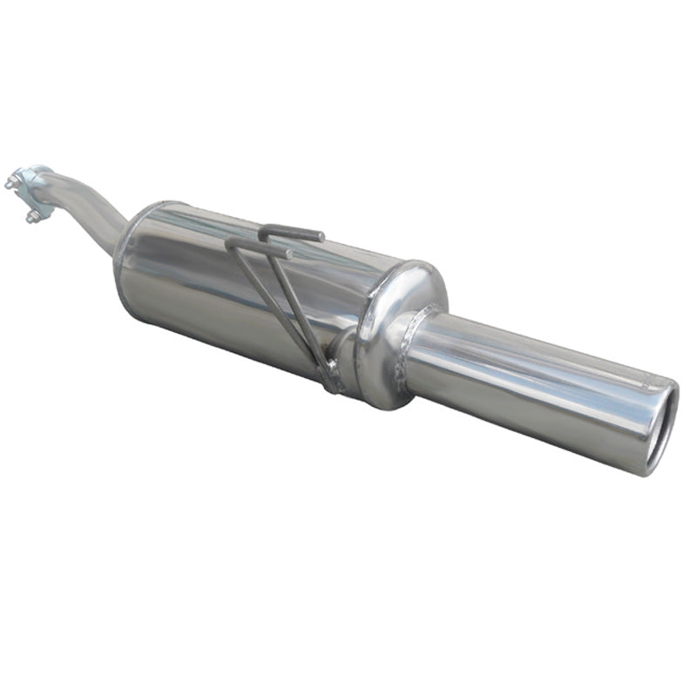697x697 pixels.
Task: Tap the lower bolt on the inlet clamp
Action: pyautogui.click(x=32, y=215)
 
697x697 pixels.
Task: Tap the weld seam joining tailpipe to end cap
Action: pyautogui.click(x=409, y=348)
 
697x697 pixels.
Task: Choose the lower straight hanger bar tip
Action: pyautogui.click(x=288, y=254)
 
